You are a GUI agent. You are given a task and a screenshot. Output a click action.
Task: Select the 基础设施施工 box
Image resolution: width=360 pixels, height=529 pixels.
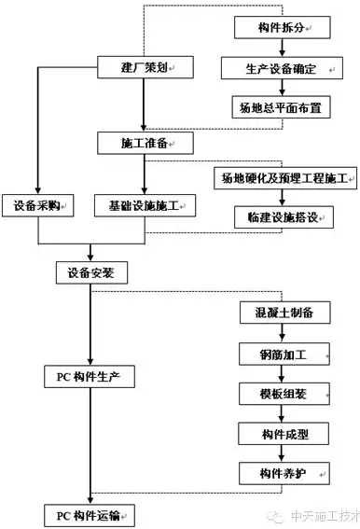click(145, 203)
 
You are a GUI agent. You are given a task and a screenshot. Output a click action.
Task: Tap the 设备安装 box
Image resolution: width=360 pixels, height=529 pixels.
click(90, 273)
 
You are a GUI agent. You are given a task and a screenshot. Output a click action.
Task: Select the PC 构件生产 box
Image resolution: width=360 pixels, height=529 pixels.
click(90, 377)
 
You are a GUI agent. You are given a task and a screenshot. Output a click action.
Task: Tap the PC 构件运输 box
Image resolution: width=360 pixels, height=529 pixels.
click(90, 514)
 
